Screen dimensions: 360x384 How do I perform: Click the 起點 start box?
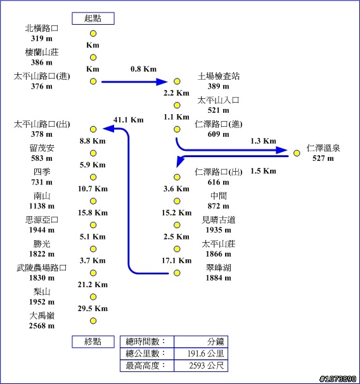click(x=93, y=18)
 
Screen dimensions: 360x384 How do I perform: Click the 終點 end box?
click(x=93, y=342)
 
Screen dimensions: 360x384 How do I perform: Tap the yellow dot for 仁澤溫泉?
click(x=297, y=153)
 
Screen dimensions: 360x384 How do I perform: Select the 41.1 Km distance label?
click(x=128, y=120)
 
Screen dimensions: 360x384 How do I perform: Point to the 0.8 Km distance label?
click(x=143, y=69)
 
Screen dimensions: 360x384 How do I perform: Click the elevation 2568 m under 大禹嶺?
click(x=42, y=326)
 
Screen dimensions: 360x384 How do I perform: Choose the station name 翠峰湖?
click(x=219, y=267)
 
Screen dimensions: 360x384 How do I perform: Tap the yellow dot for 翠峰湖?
click(x=177, y=273)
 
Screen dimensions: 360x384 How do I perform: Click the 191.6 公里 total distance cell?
click(x=201, y=354)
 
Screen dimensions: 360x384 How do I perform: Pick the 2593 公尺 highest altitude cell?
click(x=201, y=366)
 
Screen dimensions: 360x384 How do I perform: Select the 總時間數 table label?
click(x=146, y=342)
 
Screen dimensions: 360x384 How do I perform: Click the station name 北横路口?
click(x=42, y=28)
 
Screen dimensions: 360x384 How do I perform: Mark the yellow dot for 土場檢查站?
click(x=177, y=81)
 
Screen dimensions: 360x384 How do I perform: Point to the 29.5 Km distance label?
click(x=93, y=309)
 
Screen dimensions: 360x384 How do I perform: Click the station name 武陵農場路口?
click(x=42, y=267)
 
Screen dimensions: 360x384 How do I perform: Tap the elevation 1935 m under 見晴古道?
click(x=219, y=230)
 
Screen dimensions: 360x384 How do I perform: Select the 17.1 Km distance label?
click(x=177, y=260)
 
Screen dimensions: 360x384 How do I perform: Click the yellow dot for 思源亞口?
click(x=93, y=225)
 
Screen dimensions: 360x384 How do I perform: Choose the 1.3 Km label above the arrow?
click(x=263, y=141)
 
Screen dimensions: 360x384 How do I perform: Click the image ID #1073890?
click(x=338, y=379)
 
